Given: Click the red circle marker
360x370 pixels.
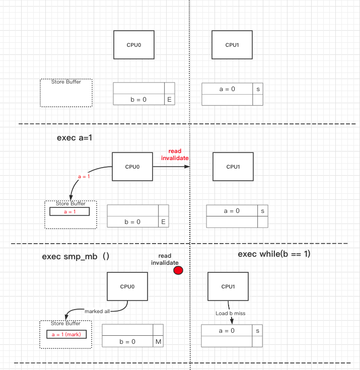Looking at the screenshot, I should (178, 270).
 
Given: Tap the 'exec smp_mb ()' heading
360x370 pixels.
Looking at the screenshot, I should (76, 256).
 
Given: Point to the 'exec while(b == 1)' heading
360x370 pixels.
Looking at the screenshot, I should (274, 254).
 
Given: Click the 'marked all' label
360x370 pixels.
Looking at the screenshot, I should (97, 311).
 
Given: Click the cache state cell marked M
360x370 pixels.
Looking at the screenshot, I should (158, 342).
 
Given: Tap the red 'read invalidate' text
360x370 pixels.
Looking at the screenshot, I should (175, 155).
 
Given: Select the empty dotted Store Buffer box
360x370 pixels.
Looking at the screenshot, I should (66, 93).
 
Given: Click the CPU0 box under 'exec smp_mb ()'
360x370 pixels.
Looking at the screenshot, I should (127, 286).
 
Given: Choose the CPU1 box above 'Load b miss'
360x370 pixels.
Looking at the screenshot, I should (228, 286).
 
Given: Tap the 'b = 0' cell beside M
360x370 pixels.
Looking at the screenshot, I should (127, 342).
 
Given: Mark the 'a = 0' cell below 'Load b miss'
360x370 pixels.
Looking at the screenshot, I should (227, 331).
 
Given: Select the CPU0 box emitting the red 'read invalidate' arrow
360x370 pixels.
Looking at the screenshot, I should (132, 167).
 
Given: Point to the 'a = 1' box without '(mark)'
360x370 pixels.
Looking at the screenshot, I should (69, 212).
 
